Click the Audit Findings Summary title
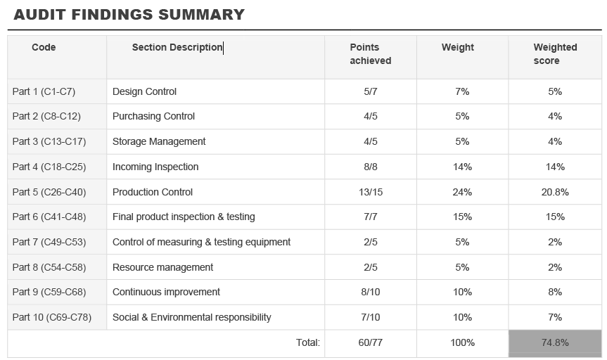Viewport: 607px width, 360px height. (x=129, y=15)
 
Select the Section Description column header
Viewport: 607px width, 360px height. (x=177, y=48)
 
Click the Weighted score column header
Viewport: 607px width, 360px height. (x=554, y=54)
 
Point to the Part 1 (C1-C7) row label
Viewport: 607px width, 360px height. (x=44, y=91)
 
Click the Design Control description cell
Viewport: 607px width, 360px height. (x=144, y=91)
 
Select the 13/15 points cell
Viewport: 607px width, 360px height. (x=370, y=192)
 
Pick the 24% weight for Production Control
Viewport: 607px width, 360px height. (x=462, y=192)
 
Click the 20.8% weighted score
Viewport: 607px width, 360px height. (x=554, y=192)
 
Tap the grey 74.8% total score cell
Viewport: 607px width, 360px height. (x=554, y=343)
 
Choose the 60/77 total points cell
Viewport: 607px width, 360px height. (x=370, y=343)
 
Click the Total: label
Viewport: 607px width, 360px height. (x=307, y=343)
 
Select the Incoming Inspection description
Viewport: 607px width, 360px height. (x=155, y=167)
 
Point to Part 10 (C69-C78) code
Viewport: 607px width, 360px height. (x=51, y=317)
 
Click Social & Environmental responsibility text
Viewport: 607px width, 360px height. (x=191, y=317)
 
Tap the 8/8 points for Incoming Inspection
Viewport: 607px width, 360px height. (x=370, y=167)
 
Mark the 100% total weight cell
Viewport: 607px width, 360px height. (x=462, y=343)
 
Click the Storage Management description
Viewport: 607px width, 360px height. (x=159, y=141)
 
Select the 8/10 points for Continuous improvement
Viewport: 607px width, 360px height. (x=370, y=292)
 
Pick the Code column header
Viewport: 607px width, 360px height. (x=44, y=48)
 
